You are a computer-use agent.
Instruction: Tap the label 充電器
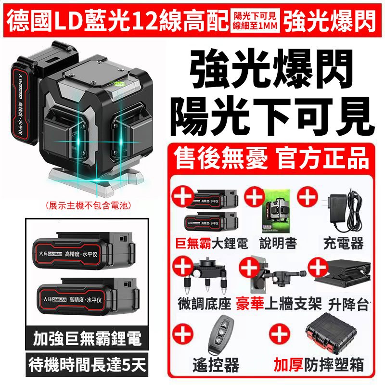point(343,244)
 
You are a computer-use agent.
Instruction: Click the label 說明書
point(278,244)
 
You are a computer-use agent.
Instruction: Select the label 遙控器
point(216,365)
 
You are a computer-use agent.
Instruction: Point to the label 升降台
point(348,305)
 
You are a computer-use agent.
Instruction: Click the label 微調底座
point(205,304)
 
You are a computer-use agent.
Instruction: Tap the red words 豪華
point(250,304)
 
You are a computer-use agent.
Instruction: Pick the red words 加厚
point(288,365)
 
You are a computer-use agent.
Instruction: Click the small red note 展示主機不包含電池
point(89,205)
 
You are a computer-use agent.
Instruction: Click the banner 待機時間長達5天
point(87,365)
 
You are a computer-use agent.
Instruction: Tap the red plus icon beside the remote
point(183,334)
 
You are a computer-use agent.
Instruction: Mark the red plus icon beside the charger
point(308,197)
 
